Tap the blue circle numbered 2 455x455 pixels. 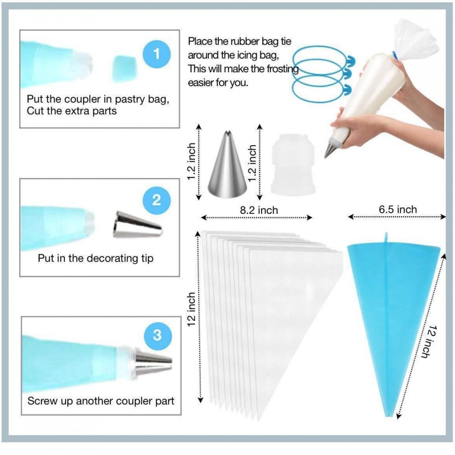point(156,200)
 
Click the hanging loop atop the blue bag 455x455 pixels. point(386,238)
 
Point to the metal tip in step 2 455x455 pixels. point(137,224)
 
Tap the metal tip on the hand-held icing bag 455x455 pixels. point(329,150)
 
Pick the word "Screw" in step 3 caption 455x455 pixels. point(42,401)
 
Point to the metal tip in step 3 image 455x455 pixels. point(153,362)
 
